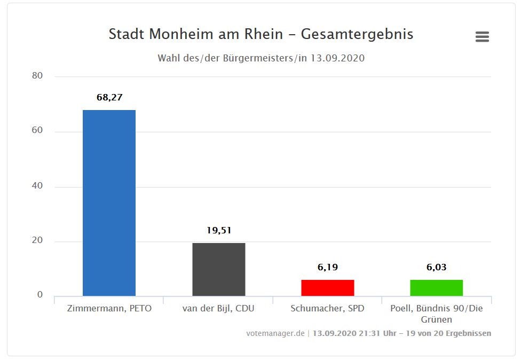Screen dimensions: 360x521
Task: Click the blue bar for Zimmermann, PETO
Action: (x=109, y=203)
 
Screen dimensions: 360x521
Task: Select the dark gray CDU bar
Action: (x=218, y=269)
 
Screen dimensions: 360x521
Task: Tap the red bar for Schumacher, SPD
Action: (x=327, y=287)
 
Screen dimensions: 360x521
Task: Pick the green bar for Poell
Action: (x=436, y=287)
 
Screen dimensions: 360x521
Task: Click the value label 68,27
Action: (x=109, y=97)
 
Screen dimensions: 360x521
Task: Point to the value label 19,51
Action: (x=219, y=230)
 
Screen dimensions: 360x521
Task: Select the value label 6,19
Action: (x=328, y=267)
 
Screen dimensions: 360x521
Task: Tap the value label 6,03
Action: (x=437, y=267)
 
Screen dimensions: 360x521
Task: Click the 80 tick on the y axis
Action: (x=37, y=76)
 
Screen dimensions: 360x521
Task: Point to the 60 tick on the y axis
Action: (x=37, y=131)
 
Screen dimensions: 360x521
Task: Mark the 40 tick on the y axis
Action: (x=37, y=186)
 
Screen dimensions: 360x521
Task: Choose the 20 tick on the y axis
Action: (x=37, y=241)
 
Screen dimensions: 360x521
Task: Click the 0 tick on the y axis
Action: (x=40, y=295)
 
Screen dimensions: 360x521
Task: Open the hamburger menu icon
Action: (x=482, y=36)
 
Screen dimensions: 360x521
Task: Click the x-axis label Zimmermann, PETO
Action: (x=109, y=309)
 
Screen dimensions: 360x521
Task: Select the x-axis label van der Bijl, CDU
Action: (x=218, y=309)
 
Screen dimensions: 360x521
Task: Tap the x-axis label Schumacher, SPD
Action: (x=327, y=309)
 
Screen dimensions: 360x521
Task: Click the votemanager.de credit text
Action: (x=275, y=333)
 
